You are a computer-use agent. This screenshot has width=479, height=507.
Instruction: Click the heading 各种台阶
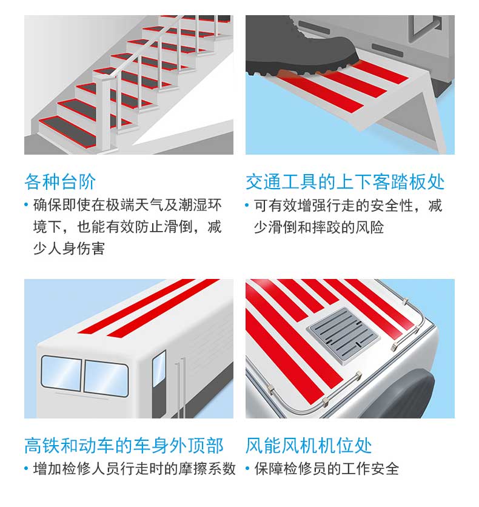60,182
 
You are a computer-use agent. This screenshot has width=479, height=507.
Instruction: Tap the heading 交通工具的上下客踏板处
345,182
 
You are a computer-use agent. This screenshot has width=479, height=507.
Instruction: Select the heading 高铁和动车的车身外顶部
124,446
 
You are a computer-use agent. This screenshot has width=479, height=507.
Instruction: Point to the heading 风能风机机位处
309,446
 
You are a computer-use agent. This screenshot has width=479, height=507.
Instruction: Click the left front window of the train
61,374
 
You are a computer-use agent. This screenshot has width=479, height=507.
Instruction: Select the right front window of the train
106,378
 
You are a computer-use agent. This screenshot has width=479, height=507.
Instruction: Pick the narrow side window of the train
159,369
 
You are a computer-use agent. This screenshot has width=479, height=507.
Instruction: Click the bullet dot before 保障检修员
247,468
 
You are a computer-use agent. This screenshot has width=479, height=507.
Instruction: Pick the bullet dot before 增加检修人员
27,468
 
